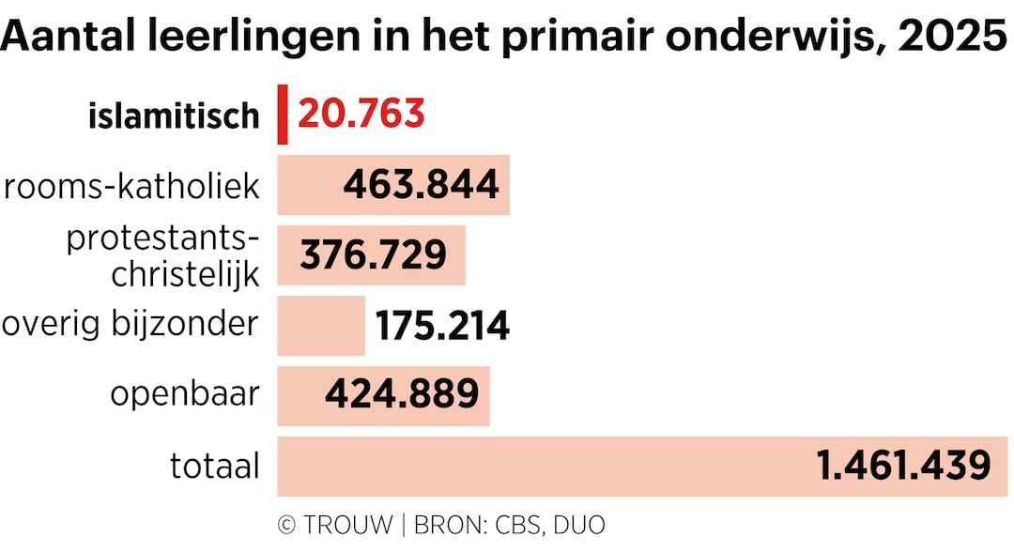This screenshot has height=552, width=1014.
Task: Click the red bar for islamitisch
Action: click(x=283, y=115)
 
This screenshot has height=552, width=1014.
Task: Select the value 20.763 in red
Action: click(x=361, y=115)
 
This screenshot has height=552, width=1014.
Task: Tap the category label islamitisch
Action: click(x=174, y=116)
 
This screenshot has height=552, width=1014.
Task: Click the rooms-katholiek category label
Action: click(x=131, y=186)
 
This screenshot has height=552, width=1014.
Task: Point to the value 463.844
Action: click(x=421, y=185)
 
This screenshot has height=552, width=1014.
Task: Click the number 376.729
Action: click(x=373, y=255)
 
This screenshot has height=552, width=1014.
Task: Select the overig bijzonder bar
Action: click(x=321, y=326)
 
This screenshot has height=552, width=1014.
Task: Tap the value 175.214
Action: click(x=442, y=326)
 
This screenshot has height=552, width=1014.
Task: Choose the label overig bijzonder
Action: click(x=130, y=324)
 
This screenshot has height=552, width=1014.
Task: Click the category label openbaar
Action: click(x=184, y=395)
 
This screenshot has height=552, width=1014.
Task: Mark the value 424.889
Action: click(x=402, y=395)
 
